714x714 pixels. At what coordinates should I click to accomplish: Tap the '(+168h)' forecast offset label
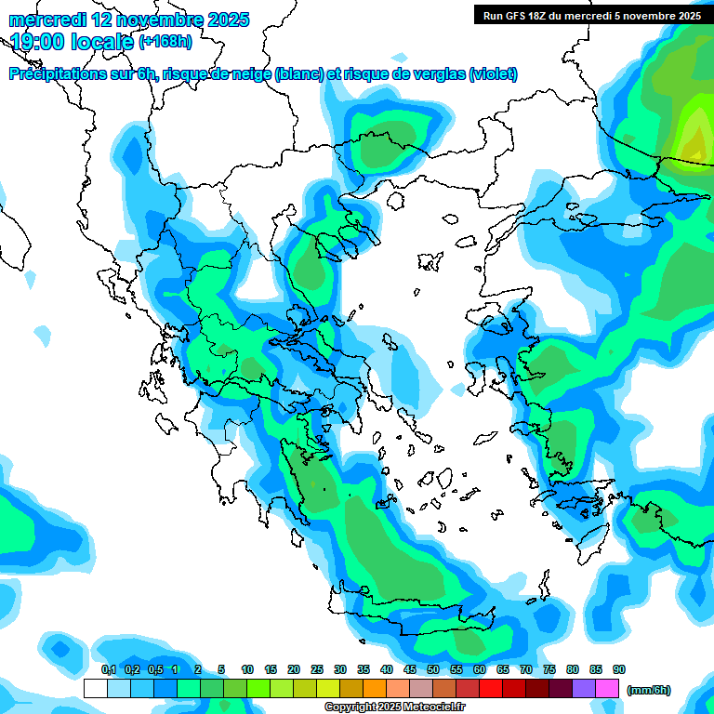(165, 42)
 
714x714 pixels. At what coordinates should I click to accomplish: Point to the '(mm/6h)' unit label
(649, 690)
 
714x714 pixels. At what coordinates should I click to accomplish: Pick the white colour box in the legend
(95, 689)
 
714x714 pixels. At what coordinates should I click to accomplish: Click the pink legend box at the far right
(607, 689)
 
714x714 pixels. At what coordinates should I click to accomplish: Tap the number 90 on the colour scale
(618, 670)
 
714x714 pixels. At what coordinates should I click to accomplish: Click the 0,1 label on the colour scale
(108, 670)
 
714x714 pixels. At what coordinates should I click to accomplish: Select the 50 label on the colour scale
(433, 670)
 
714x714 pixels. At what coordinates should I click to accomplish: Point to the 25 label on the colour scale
(317, 670)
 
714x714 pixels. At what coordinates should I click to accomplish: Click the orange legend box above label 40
(375, 689)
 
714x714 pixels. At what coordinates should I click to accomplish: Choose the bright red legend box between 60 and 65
(491, 689)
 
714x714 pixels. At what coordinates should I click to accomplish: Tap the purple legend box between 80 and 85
(584, 689)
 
